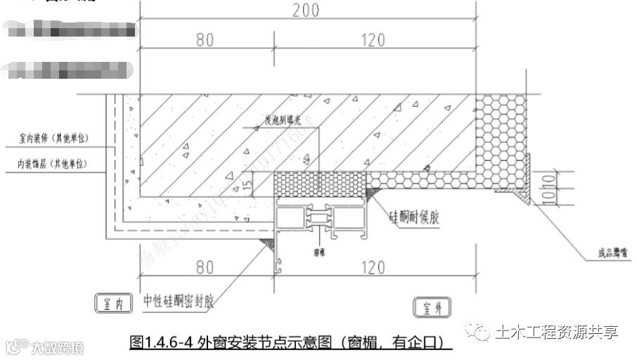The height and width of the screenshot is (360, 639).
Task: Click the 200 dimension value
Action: point(307,10)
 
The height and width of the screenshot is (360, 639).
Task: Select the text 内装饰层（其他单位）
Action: point(56,165)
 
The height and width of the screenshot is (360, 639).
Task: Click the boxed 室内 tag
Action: point(112,304)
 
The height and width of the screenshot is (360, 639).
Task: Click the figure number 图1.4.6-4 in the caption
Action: point(162,343)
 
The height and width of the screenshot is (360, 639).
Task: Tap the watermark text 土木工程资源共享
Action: point(555,330)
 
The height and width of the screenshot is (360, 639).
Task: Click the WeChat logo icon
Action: point(480,330)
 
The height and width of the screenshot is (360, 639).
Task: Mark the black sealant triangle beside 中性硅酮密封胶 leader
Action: point(267,242)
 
